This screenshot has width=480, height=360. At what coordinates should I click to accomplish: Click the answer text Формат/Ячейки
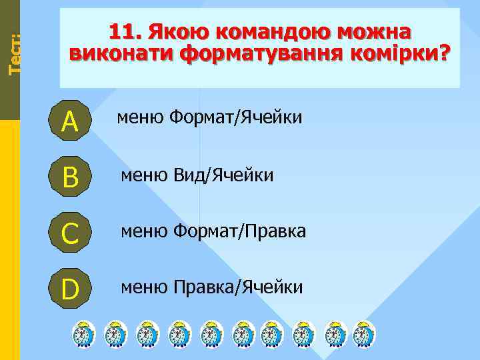coord(235,119)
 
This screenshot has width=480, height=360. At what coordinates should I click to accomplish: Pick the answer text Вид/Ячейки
coord(223,175)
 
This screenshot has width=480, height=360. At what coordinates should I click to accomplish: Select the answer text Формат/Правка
coord(239,231)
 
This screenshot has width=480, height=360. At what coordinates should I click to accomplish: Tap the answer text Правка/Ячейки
coord(238,287)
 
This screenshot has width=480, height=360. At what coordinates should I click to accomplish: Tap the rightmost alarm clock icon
coord(363,334)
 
